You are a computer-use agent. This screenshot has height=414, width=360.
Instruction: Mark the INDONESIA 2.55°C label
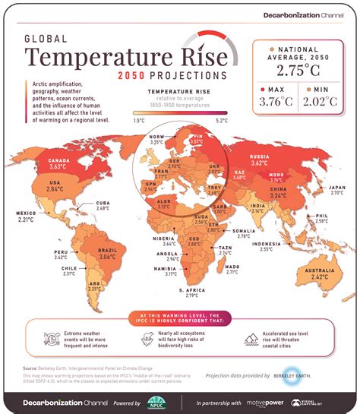292,245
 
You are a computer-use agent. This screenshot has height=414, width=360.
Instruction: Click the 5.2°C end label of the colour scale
221,120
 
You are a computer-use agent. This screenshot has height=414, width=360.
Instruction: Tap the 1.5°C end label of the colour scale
140,120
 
